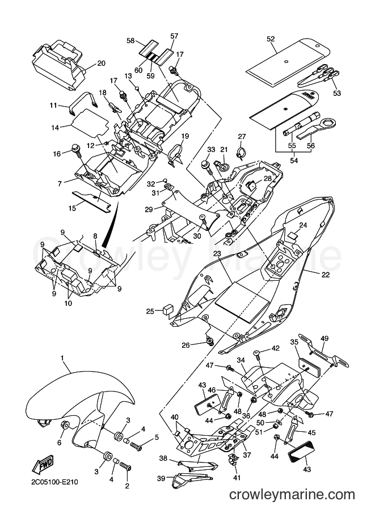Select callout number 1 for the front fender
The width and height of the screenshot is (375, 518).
[x=62, y=358]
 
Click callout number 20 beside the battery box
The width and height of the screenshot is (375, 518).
[x=101, y=64]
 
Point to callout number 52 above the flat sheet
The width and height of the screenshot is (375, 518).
[x=271, y=39]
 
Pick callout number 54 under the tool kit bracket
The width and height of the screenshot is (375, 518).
[x=294, y=160]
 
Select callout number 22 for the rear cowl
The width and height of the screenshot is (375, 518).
[x=326, y=274]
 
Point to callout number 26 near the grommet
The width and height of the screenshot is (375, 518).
[x=186, y=345]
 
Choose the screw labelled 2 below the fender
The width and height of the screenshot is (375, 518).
[x=126, y=468]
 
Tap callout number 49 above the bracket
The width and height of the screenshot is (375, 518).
[x=325, y=338]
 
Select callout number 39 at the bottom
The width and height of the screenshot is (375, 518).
[x=161, y=478]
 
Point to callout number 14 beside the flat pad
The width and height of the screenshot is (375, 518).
[x=54, y=128]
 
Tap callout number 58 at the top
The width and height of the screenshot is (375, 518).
[x=131, y=41]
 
